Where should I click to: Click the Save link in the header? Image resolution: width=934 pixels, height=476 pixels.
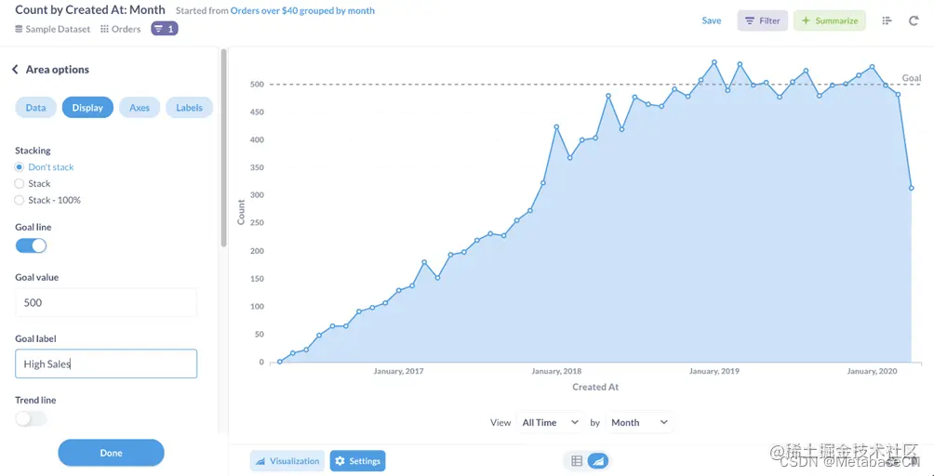coord(711,20)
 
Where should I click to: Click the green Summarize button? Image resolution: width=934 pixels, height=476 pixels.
coord(829,20)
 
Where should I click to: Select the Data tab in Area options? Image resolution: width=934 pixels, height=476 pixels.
coord(35,108)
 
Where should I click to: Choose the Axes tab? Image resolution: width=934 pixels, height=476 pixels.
coord(140,108)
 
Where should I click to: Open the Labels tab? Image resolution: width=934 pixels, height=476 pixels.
coord(189,108)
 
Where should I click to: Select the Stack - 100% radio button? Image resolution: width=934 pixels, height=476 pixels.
coord(20,200)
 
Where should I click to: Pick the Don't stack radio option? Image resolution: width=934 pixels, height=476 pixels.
coord(20,167)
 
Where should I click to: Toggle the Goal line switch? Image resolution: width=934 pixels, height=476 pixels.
coord(31,245)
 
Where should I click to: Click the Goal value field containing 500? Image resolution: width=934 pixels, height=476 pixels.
coord(106,302)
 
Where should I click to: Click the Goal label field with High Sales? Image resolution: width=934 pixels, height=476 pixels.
coord(106,364)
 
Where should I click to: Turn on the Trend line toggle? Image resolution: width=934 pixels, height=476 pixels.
coord(31,418)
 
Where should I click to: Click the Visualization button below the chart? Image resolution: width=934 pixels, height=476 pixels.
coord(287,461)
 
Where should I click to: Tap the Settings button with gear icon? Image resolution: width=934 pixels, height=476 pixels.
coord(357,461)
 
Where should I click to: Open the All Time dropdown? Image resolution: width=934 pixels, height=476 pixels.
coord(551,422)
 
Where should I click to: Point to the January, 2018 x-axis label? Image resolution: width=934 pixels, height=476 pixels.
coord(556,371)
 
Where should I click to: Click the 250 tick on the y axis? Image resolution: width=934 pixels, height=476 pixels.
coord(256,223)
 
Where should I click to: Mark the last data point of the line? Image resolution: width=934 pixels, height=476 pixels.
coord(912,188)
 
